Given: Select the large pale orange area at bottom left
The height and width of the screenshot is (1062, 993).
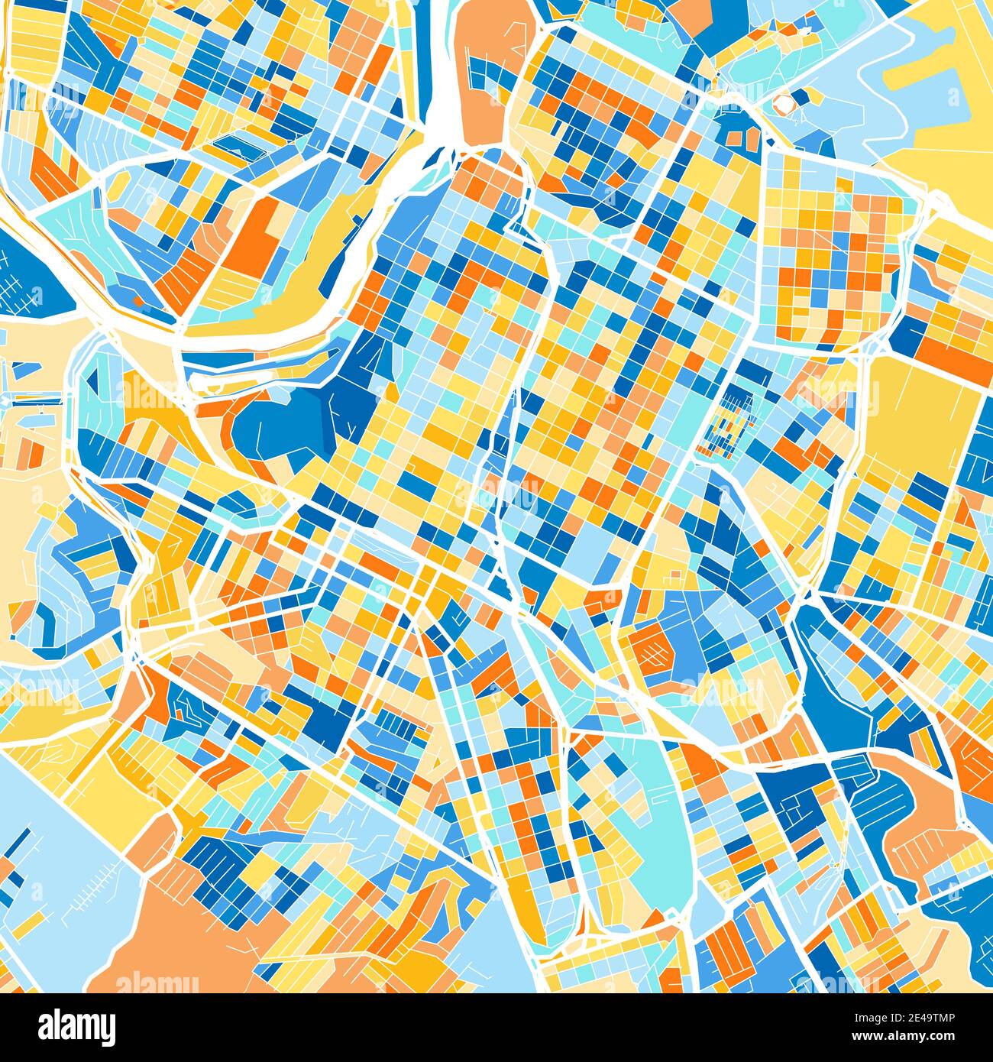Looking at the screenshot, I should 191,940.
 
